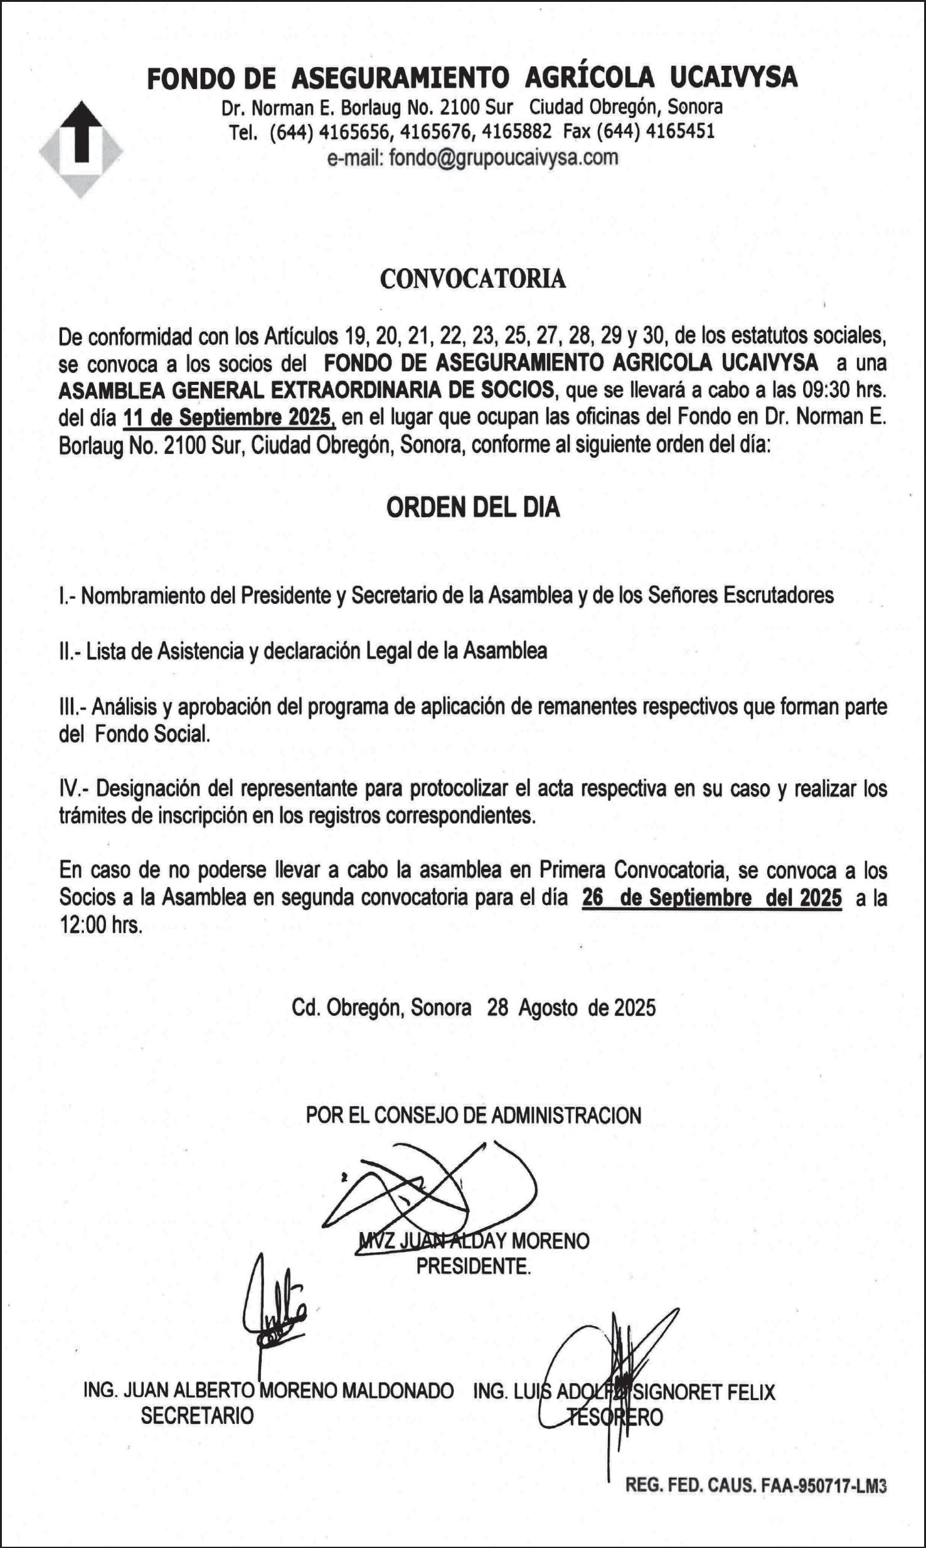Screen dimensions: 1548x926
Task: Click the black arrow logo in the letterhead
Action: coord(80,133)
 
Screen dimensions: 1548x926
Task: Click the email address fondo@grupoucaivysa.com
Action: coord(503,157)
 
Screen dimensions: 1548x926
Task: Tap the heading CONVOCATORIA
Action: coord(472,279)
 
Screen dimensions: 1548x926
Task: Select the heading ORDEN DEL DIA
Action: coord(472,507)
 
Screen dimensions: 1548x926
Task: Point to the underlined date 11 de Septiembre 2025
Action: coord(228,417)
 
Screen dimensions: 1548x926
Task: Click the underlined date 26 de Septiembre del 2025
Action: coord(711,898)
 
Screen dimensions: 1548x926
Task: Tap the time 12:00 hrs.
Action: coord(101,925)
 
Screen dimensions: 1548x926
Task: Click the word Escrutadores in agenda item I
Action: coord(778,595)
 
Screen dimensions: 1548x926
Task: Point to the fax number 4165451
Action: coord(680,131)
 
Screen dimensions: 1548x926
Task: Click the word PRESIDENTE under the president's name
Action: coord(473,1266)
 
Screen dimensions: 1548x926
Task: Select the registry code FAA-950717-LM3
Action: coord(823,1485)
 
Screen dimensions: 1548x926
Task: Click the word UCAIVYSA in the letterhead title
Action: coord(733,78)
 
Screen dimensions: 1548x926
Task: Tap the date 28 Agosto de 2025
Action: coord(571,1008)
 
